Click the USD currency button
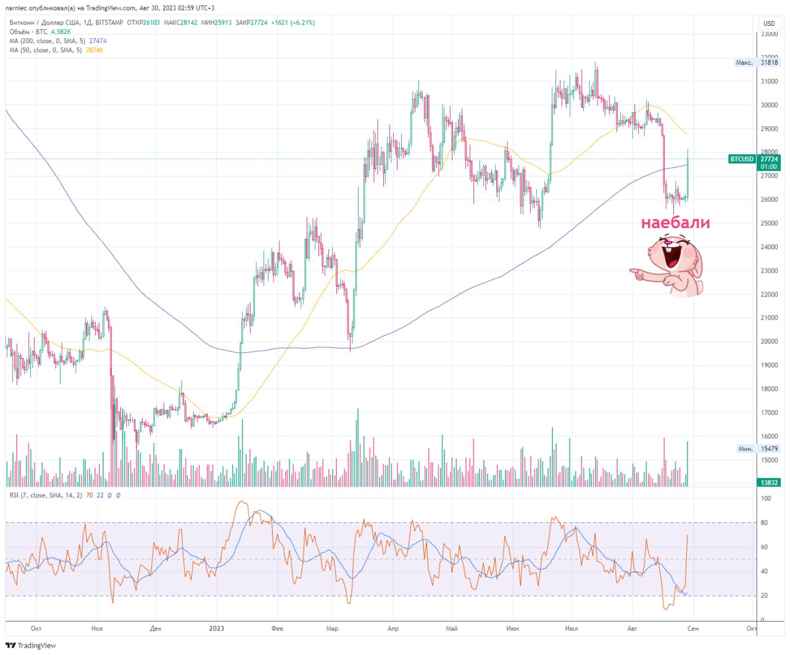[x=768, y=23]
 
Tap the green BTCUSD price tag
[x=754, y=162]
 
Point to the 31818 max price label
[x=769, y=62]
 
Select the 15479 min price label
[x=769, y=448]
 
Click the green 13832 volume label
[x=769, y=482]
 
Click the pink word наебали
[x=675, y=223]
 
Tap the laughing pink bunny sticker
[x=667, y=265]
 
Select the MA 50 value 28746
[x=94, y=50]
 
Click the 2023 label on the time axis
[x=217, y=628]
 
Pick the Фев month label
[x=277, y=628]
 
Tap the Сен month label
[x=692, y=628]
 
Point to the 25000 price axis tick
[x=769, y=223]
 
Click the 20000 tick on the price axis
[x=769, y=342]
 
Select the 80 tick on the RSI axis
[x=764, y=522]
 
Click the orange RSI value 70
[x=89, y=495]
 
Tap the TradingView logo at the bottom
[x=31, y=646]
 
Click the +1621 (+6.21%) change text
[x=293, y=23]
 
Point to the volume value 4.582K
[x=61, y=32]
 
